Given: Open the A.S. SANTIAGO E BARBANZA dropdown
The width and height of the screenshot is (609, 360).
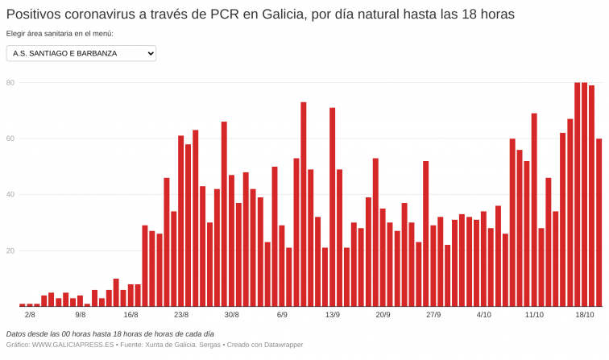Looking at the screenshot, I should [x=81, y=53].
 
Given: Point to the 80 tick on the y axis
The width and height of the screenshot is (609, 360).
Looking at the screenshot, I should [x=10, y=82].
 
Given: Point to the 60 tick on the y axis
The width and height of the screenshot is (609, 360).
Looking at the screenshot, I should [x=10, y=139].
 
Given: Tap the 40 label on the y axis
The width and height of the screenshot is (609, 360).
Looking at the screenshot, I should [x=10, y=194].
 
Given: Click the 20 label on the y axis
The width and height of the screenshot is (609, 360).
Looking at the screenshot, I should [x=10, y=250].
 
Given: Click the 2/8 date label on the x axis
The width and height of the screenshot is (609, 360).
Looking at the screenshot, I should [x=30, y=315].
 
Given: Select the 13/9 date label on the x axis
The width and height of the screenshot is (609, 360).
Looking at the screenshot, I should [x=332, y=315].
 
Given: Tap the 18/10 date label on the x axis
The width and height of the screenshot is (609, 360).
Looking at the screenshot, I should [x=584, y=315].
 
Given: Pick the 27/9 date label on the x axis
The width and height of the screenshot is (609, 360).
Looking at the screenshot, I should [x=433, y=315].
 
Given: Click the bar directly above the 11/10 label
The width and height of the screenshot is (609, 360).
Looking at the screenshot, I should [x=534, y=210].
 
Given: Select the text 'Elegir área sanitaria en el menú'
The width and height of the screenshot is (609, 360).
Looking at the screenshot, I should [x=60, y=34].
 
